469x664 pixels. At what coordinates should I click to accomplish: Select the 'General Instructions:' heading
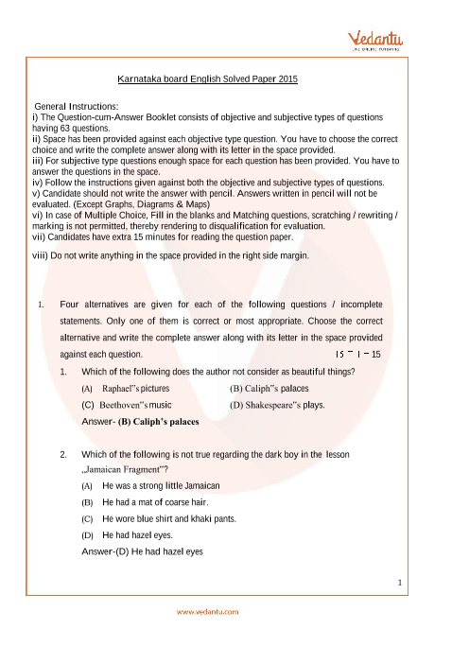(77, 105)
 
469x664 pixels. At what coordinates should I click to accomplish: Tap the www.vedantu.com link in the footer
(208, 610)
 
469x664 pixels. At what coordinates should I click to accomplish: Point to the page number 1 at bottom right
(401, 581)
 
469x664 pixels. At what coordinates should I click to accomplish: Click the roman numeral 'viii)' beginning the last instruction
(43, 256)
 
